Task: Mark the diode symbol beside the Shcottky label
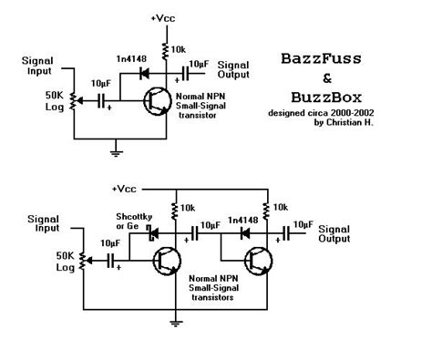(152, 233)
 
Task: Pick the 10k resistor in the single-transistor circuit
(167, 48)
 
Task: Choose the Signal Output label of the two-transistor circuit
(334, 233)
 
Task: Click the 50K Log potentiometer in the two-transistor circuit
(83, 261)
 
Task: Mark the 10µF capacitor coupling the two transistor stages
(201, 234)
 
